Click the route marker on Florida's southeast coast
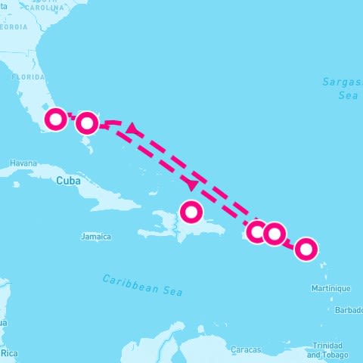[x=56, y=119]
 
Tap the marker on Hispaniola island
[x=192, y=211]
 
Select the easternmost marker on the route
[x=306, y=248]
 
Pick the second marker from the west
[x=87, y=123]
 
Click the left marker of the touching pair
[x=259, y=231]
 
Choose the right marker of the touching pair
[x=274, y=234]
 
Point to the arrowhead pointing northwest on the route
[x=133, y=129]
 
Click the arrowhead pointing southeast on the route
[x=192, y=185]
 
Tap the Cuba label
[x=69, y=181]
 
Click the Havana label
[x=23, y=163]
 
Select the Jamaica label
[x=95, y=237]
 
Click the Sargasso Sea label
[x=339, y=88]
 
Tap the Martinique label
[x=330, y=288]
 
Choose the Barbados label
[x=349, y=310]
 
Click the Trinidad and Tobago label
[x=327, y=350]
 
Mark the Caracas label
[x=247, y=349]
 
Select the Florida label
[x=26, y=77]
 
